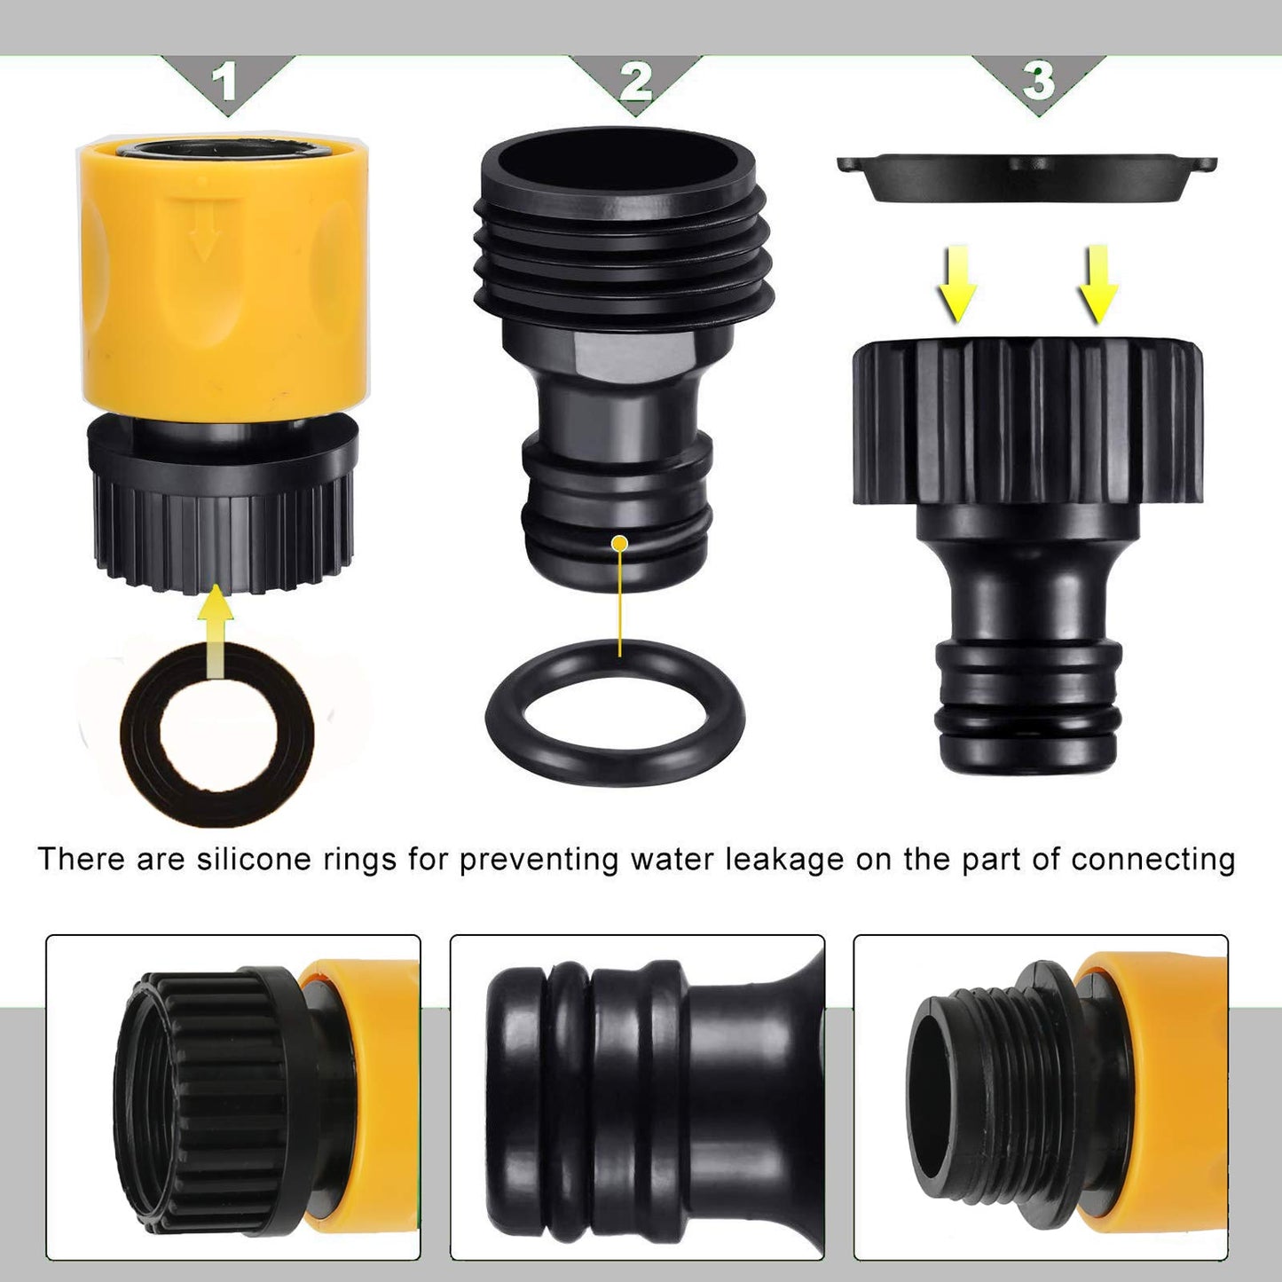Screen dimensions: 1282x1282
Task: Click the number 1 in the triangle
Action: tap(225, 83)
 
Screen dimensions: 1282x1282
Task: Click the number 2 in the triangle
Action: tap(635, 83)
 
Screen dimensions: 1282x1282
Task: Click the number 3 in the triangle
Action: tap(1038, 81)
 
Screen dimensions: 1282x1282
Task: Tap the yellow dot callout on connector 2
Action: tap(620, 542)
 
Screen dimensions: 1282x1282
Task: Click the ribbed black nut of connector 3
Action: tap(1027, 421)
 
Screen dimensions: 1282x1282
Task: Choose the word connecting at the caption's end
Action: tap(1152, 859)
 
